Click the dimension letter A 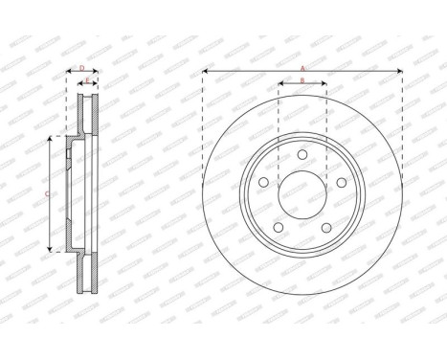click(302, 68)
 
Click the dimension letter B click(302, 80)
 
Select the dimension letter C click(48, 193)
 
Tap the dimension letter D click(81, 68)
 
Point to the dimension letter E click(87, 80)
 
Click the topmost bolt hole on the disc click(302, 154)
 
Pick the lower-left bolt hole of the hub click(278, 228)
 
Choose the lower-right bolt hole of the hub click(326, 228)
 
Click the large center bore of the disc click(302, 195)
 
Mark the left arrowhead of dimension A click(206, 73)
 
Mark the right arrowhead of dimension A click(399, 73)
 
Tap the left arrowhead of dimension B click(279, 85)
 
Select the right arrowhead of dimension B click(325, 85)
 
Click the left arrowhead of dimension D click(69, 73)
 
